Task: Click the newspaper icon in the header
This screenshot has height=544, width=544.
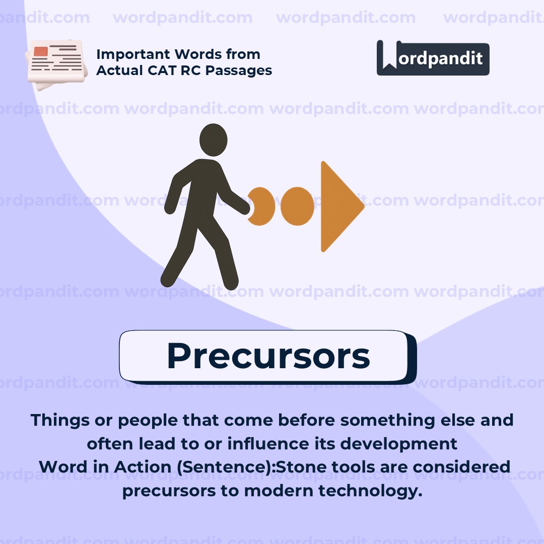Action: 54,64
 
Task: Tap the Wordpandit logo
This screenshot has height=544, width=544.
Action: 433,58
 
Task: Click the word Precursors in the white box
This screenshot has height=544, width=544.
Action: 268,356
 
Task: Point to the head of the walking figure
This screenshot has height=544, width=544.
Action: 213,140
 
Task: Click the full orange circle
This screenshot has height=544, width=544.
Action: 297,207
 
